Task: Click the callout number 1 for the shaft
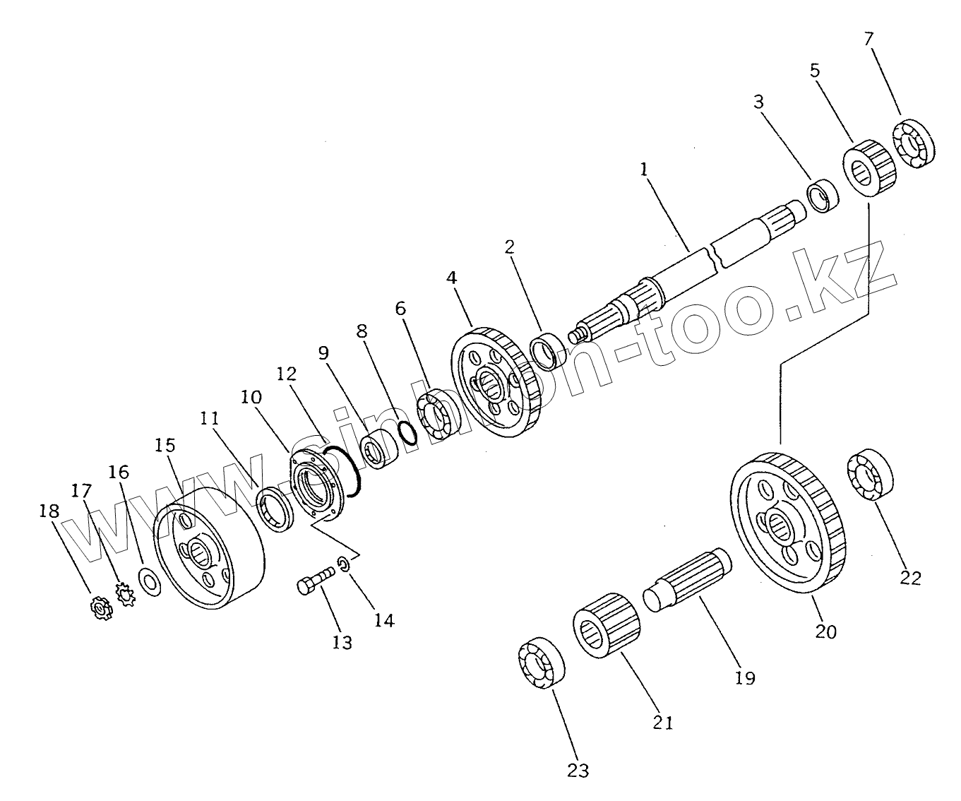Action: pos(644,170)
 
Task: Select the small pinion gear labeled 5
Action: pos(870,167)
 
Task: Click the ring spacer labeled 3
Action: pos(823,196)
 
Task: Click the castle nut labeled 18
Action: pos(100,607)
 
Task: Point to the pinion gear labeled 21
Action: pos(607,627)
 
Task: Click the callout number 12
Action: pos(286,374)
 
